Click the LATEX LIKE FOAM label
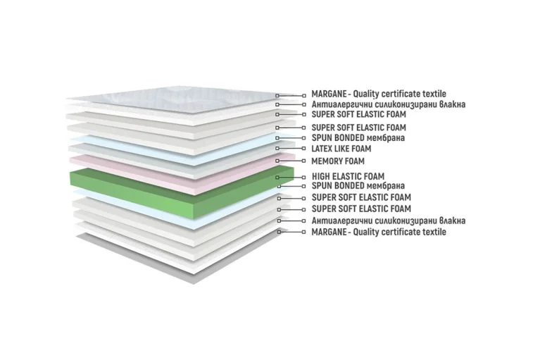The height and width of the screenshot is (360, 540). (341, 149)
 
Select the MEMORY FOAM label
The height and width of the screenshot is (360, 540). (338, 161)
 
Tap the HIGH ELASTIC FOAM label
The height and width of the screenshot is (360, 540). (349, 176)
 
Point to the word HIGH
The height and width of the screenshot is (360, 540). (320, 176)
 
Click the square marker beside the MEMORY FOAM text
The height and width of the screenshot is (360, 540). (303, 161)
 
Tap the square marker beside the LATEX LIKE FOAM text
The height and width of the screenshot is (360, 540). (303, 149)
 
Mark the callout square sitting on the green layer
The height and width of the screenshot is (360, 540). (277, 178)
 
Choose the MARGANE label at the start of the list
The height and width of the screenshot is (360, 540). (379, 94)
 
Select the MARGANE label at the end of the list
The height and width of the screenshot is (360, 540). (379, 232)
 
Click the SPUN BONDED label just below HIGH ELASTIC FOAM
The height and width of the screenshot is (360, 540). (358, 186)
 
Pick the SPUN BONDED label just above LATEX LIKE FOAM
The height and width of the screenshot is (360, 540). (358, 138)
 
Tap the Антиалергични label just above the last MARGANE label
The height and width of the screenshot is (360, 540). (389, 221)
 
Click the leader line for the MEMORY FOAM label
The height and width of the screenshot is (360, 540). (290, 161)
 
